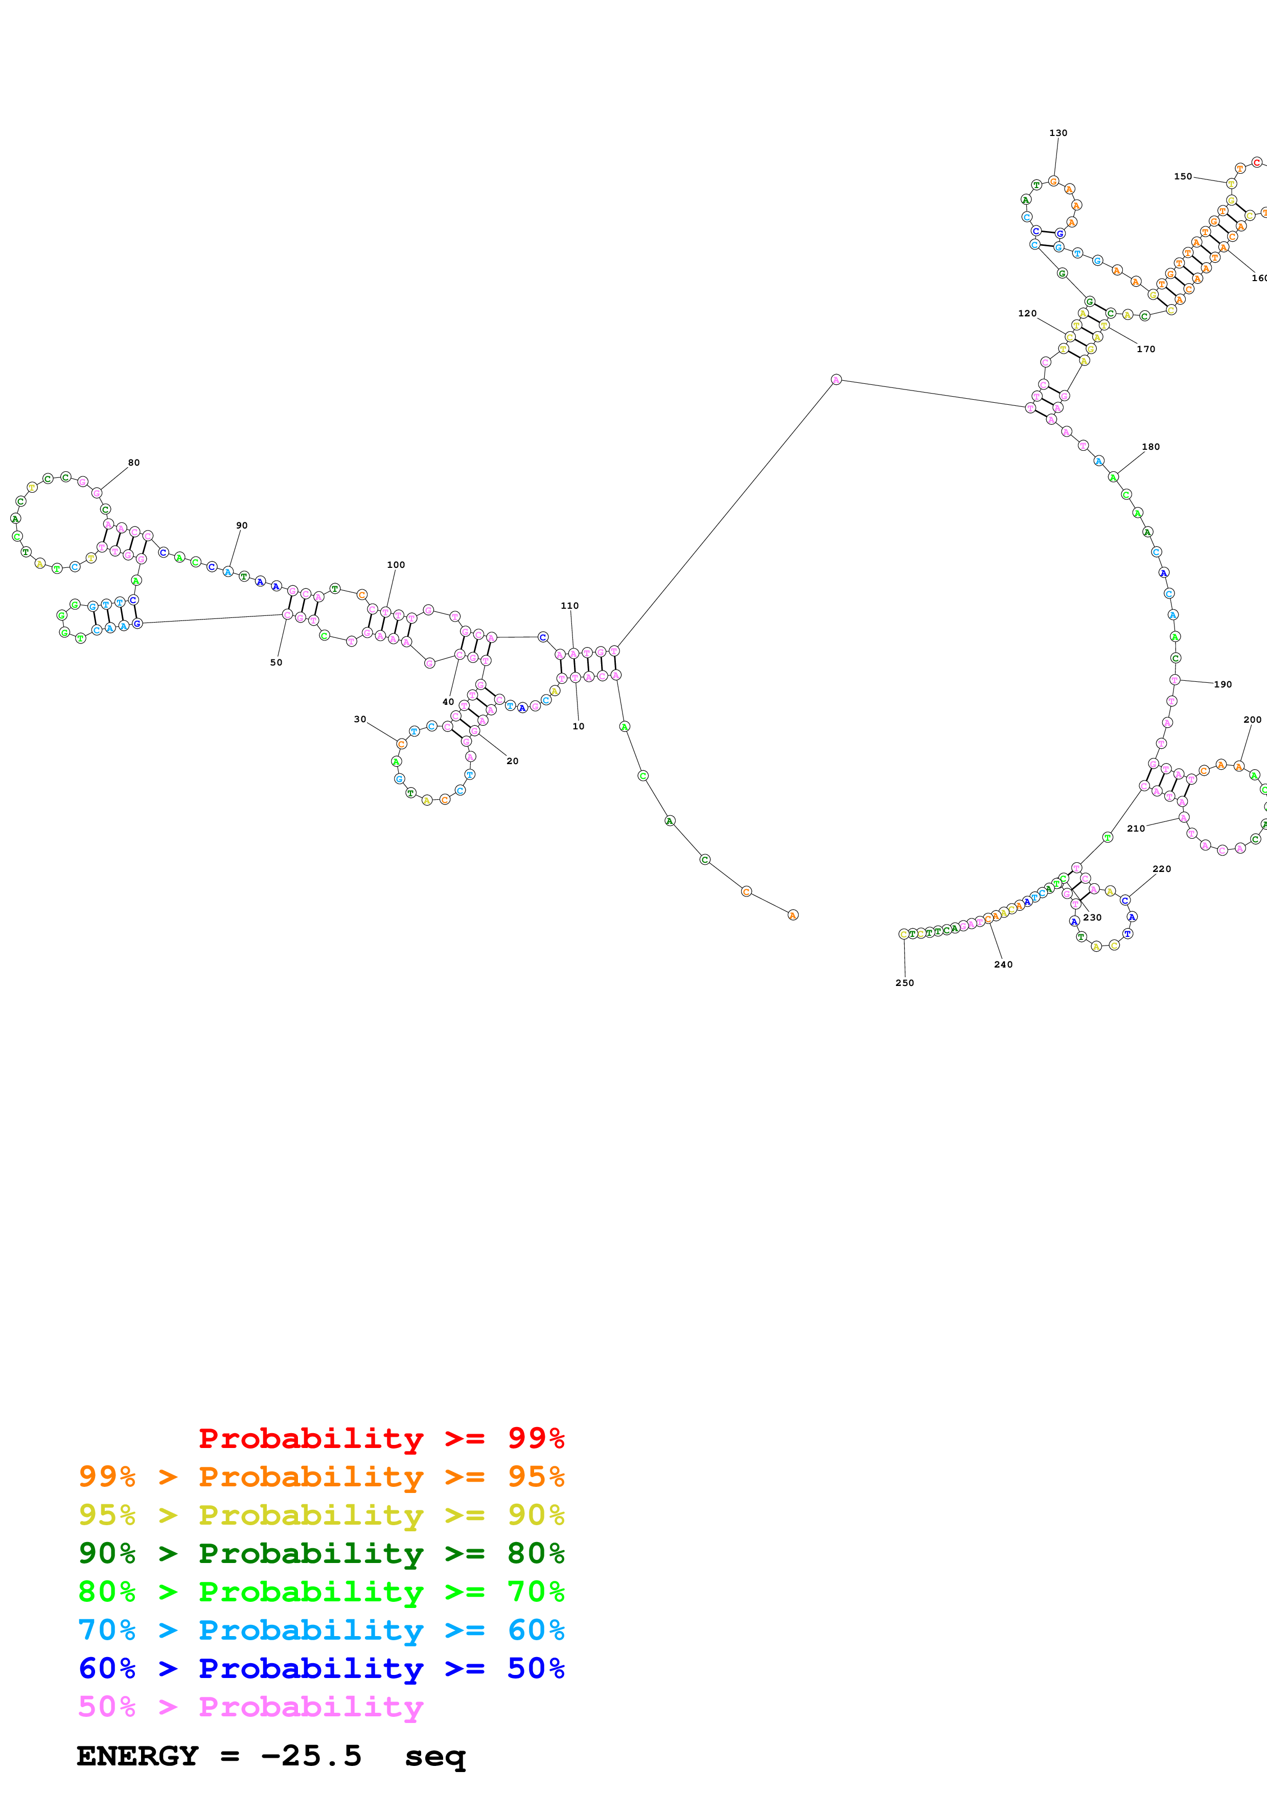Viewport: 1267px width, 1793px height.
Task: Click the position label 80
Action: [134, 463]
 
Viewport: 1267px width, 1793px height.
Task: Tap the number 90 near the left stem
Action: [242, 525]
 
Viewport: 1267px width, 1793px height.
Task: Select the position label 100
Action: [396, 565]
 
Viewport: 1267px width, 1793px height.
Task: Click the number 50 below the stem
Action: [277, 662]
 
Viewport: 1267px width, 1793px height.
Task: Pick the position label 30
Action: [360, 719]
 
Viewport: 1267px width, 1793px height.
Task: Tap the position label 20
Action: [512, 761]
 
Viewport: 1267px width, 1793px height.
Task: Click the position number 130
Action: [1058, 133]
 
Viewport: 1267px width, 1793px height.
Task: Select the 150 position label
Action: [1183, 176]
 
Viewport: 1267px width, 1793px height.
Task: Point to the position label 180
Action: [1150, 447]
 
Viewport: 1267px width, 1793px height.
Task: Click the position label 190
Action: [1223, 684]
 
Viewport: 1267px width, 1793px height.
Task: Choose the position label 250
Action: [905, 982]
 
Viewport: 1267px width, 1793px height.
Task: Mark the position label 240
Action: [1003, 964]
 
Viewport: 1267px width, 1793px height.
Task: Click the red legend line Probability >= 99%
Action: [381, 1438]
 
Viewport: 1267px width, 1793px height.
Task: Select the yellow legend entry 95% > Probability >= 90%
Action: [321, 1514]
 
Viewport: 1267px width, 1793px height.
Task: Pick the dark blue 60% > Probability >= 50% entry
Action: [321, 1668]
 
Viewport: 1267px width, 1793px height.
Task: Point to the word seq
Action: [435, 1757]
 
